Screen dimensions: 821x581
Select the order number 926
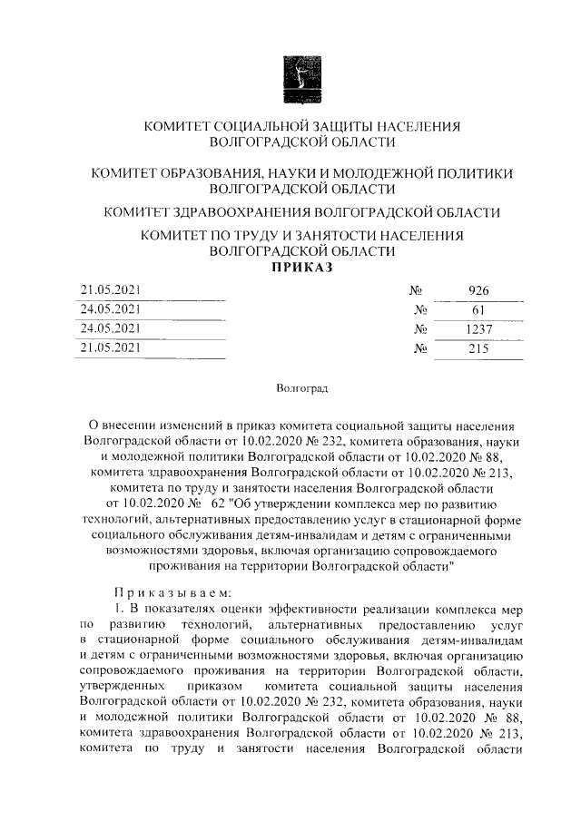478,291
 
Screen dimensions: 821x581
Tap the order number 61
478,310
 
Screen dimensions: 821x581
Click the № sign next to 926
419,291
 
